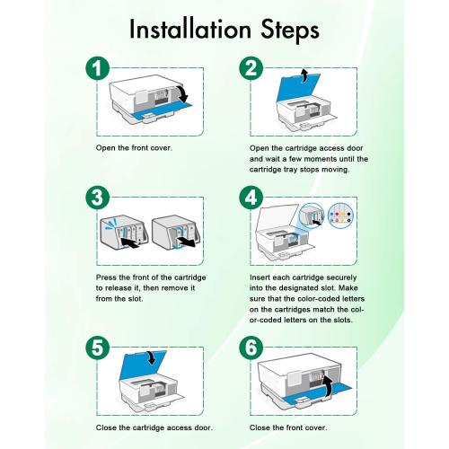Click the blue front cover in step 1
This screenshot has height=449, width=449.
pos(158,113)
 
